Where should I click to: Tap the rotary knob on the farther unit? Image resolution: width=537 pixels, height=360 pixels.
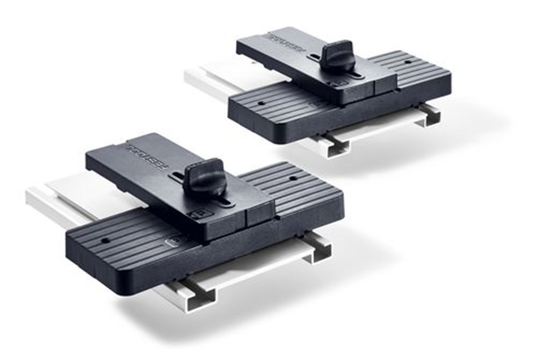(338, 55)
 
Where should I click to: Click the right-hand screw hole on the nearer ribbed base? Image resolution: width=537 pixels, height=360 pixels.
(294, 177)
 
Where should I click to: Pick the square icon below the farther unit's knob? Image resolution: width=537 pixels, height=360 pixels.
(333, 83)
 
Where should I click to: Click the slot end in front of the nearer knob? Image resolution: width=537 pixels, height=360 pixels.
(225, 201)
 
